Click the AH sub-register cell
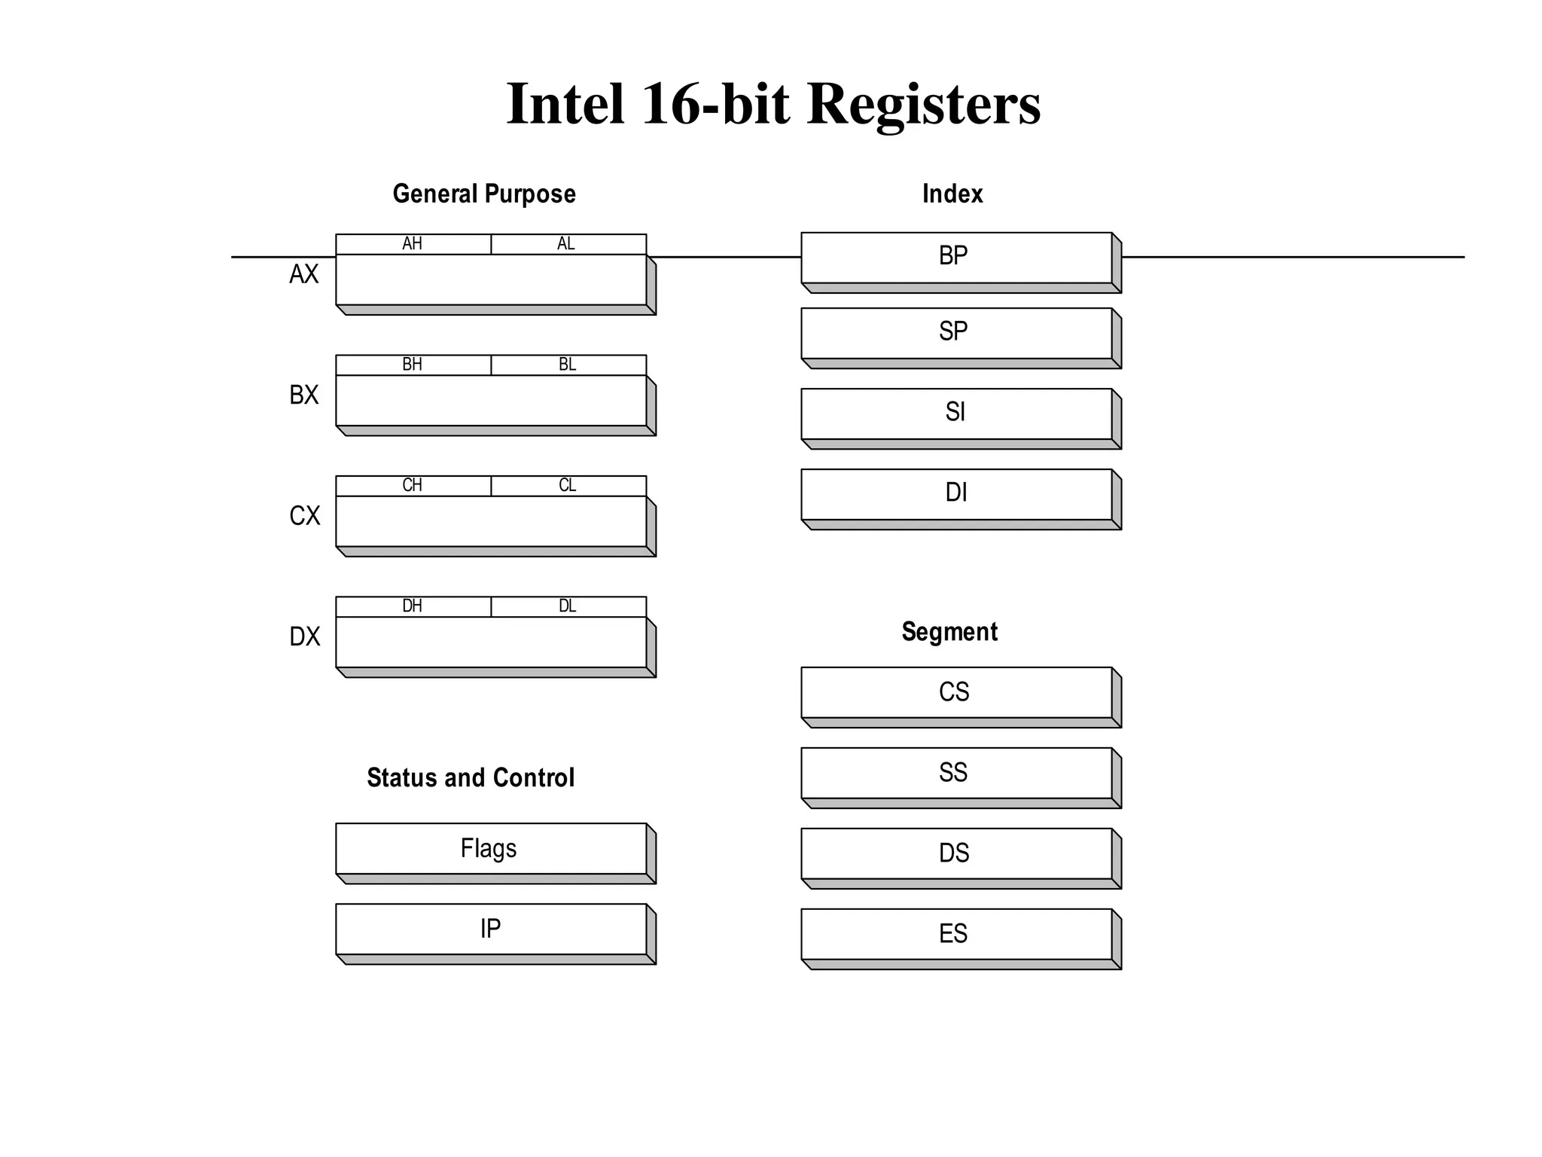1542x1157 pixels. click(413, 244)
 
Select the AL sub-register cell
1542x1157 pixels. click(568, 244)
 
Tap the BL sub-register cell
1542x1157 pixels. click(568, 365)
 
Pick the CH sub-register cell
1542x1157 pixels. click(413, 486)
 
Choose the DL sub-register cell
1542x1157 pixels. click(568, 606)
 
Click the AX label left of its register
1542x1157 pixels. click(304, 274)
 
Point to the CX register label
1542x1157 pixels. click(304, 516)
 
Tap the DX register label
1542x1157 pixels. click(304, 637)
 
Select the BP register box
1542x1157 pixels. click(955, 258)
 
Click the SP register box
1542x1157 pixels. click(955, 333)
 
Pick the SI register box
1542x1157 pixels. click(955, 414)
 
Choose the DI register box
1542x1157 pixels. click(955, 494)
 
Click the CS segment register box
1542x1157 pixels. click(955, 692)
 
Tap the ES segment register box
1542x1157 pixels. click(955, 934)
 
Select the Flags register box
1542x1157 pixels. click(490, 849)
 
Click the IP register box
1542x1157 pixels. click(490, 929)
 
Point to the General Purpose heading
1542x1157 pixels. click(484, 194)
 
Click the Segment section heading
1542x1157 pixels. click(949, 632)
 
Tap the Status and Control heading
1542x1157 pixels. click(471, 778)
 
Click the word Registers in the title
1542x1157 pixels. click(924, 104)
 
